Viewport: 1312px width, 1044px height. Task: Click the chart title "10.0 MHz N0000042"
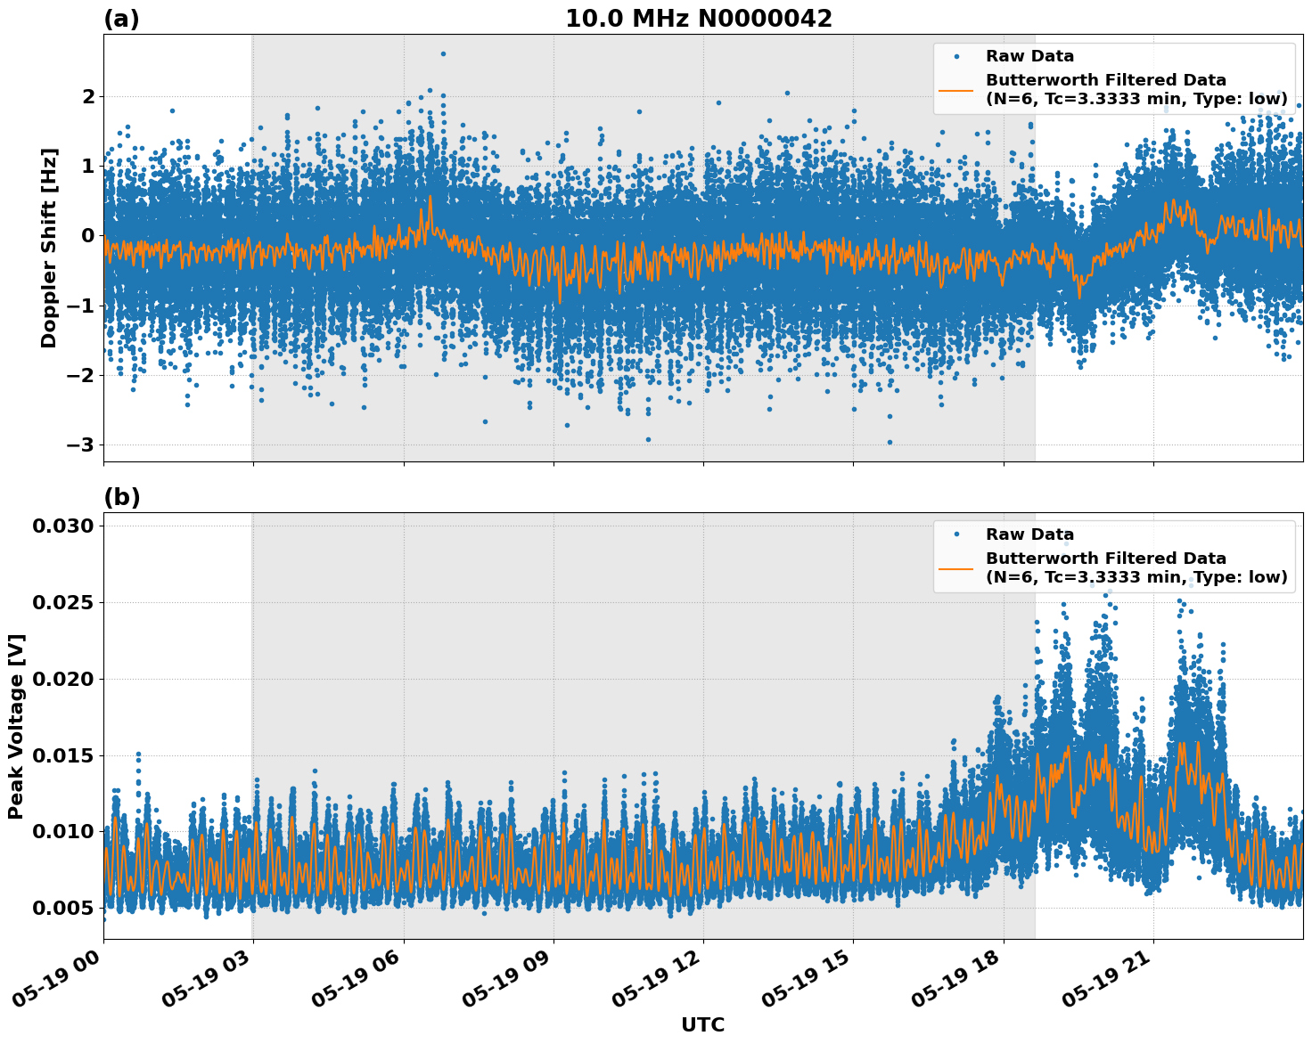click(x=699, y=19)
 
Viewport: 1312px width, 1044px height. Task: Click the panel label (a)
click(x=121, y=19)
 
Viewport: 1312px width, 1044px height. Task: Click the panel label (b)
click(x=121, y=497)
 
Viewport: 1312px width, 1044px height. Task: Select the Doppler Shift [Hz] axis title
click(x=49, y=248)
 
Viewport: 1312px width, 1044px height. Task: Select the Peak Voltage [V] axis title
click(x=16, y=726)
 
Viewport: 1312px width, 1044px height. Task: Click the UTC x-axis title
click(x=702, y=1024)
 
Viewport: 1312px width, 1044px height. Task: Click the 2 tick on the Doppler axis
click(x=87, y=96)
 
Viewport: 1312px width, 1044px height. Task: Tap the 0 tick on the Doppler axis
click(x=87, y=235)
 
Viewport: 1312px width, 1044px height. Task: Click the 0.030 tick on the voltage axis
click(x=62, y=526)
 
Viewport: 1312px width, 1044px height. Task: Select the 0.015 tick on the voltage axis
click(x=62, y=755)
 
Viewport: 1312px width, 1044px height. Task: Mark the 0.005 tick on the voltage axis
click(x=62, y=908)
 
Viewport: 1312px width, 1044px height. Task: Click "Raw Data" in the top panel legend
click(x=1029, y=56)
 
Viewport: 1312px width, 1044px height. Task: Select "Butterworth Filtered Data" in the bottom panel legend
click(x=1105, y=559)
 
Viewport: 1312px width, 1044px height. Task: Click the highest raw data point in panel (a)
click(x=443, y=53)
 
